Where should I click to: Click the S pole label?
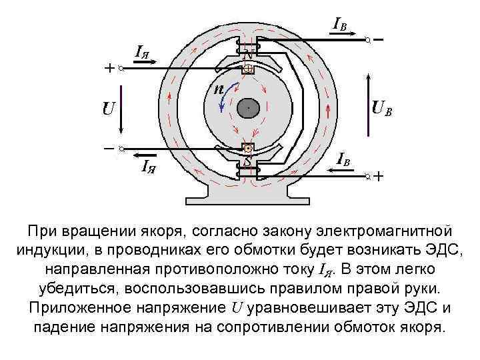coord(247,162)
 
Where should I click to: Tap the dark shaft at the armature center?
coord(247,107)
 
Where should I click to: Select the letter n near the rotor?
coord(217,89)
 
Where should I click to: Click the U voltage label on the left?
coord(108,108)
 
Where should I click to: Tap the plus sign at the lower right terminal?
coord(379,177)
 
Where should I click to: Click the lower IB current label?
coord(343,159)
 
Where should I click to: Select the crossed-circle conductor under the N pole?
coord(247,69)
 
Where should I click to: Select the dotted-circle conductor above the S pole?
coord(247,148)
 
